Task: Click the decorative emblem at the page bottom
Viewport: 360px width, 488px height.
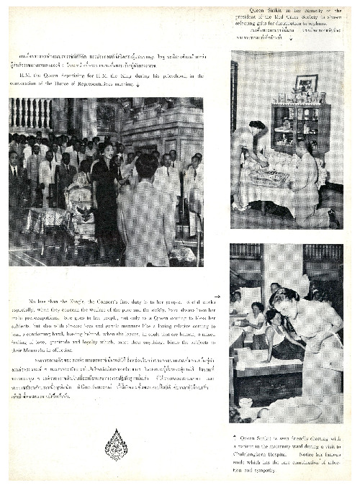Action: [x=115, y=444]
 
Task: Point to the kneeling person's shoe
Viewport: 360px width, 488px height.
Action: [x=333, y=223]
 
